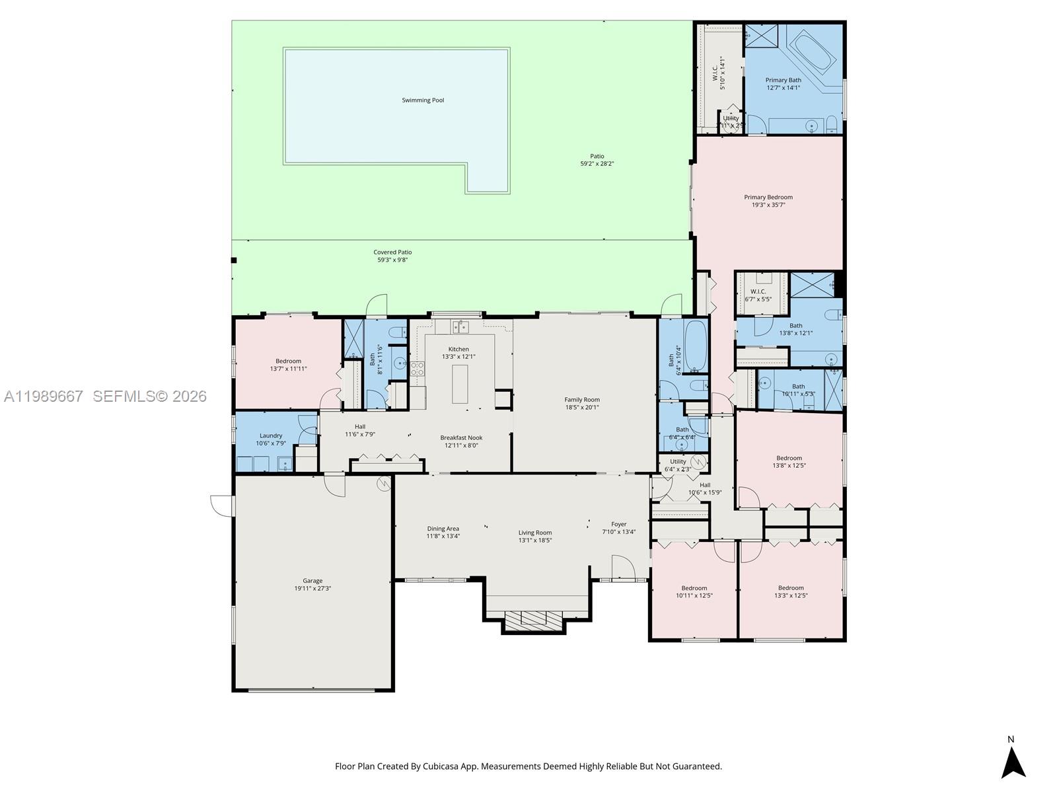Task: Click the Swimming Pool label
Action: [x=423, y=100]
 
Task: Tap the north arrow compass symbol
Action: [x=1013, y=761]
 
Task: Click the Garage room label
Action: [x=312, y=581]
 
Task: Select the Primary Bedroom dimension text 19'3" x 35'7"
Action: [x=768, y=205]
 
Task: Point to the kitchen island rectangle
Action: [x=460, y=383]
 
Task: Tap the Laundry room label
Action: [x=271, y=435]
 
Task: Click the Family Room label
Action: [x=582, y=400]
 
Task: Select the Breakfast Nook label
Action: [x=461, y=437]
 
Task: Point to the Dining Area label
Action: [x=443, y=529]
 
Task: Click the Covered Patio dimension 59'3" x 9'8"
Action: [x=392, y=260]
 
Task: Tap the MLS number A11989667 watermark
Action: [x=44, y=397]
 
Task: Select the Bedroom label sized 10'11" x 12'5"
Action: [x=694, y=588]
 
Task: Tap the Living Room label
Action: [x=534, y=533]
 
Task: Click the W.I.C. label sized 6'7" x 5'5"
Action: [x=758, y=291]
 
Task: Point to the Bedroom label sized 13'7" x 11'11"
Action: [x=288, y=361]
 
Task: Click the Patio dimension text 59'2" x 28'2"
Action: [x=597, y=164]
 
